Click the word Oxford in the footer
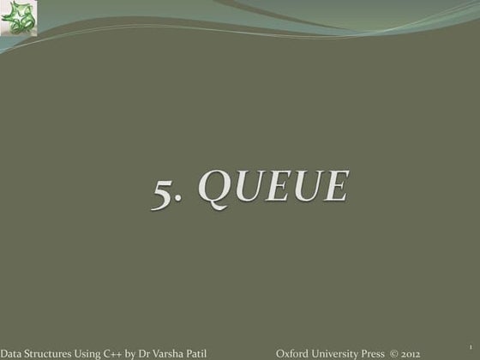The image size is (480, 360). (292, 352)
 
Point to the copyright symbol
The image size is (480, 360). (394, 352)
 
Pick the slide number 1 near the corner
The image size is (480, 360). (450, 343)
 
